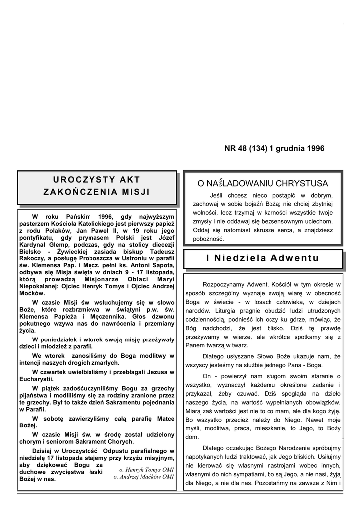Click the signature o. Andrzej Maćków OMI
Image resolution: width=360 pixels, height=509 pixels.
144,476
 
